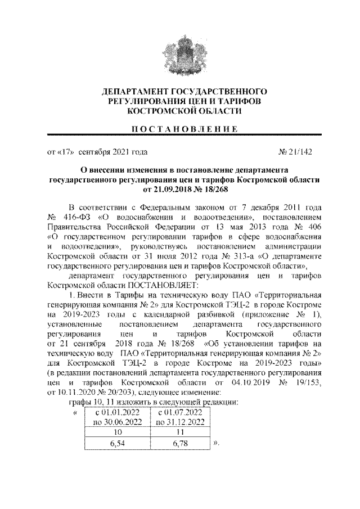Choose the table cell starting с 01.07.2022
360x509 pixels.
pos(180,417)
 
